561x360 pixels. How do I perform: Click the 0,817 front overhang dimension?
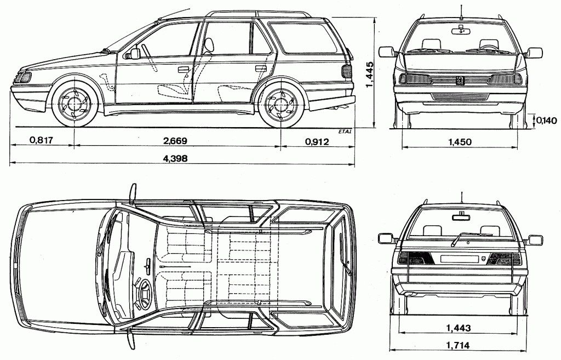point(42,141)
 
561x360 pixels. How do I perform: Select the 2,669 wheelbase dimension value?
point(175,141)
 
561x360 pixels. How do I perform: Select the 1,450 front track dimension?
point(460,142)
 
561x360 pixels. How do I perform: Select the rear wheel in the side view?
point(280,104)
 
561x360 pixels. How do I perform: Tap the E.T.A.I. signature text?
point(345,132)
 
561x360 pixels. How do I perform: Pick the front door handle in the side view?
point(184,70)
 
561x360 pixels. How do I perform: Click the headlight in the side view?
point(24,77)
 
